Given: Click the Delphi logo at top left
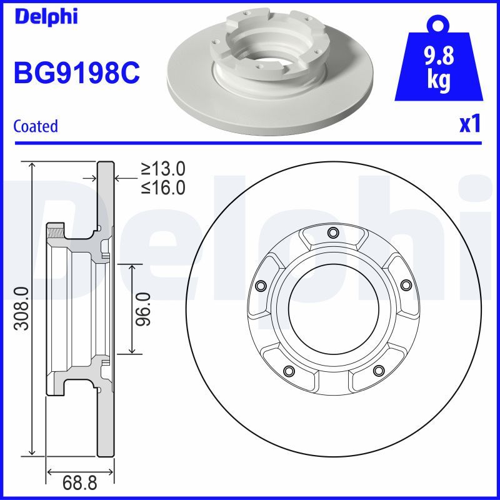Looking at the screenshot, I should click(45, 16).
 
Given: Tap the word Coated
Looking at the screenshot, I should click(36, 126).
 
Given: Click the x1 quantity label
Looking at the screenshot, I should click(469, 125).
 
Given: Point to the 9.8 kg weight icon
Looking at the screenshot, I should click(439, 66).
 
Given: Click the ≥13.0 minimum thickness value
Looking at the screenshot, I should click(163, 169).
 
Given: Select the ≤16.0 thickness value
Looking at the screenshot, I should click(163, 187).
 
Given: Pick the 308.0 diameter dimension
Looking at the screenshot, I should click(21, 307).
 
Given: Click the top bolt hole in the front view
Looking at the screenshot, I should click(332, 233).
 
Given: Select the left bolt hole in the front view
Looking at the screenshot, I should click(259, 286).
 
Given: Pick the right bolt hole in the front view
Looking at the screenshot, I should click(406, 286).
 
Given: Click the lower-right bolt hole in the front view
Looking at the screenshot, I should click(377, 371).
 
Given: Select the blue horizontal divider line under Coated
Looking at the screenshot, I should click(250, 143).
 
